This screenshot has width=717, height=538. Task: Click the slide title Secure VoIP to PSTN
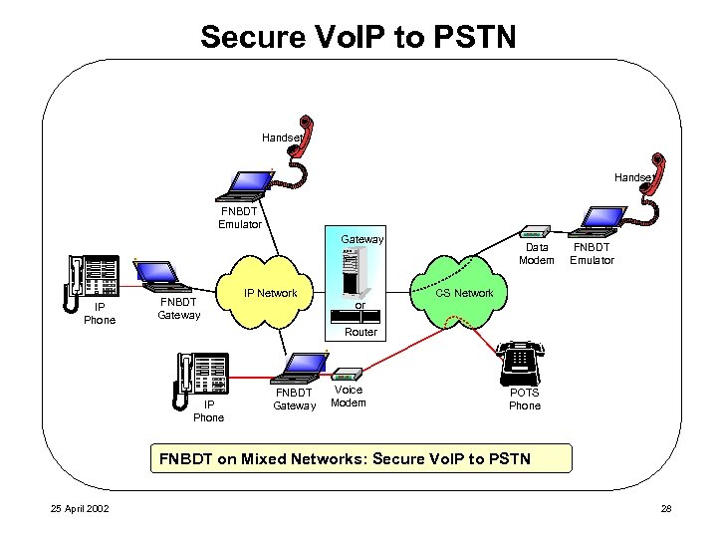tap(358, 37)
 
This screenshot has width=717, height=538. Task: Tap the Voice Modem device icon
tap(348, 374)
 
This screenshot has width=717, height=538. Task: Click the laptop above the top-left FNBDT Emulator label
tap(248, 183)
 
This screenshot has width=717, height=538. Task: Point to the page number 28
tap(666, 510)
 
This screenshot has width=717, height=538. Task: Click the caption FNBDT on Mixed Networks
tap(340, 459)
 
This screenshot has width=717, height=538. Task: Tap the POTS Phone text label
tap(524, 399)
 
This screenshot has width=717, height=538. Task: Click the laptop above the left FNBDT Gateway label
tap(157, 274)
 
